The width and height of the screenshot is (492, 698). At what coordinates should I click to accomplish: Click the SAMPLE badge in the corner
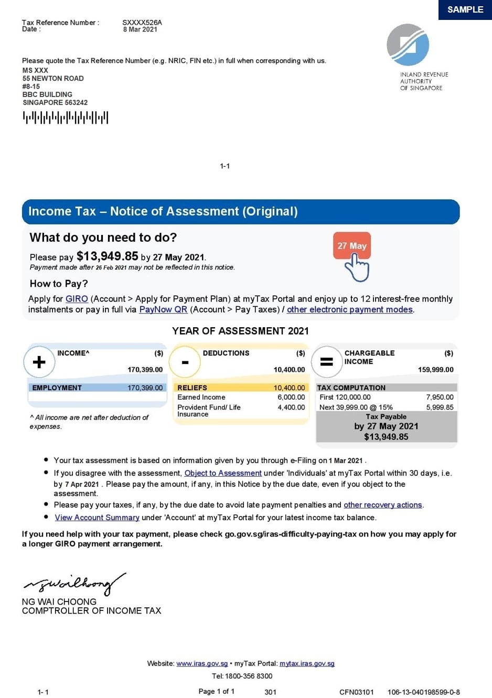pyautogui.click(x=465, y=10)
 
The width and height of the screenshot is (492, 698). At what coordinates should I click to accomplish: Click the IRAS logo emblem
pyautogui.click(x=408, y=45)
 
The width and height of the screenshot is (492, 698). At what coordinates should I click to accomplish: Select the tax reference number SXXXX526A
pyautogui.click(x=142, y=23)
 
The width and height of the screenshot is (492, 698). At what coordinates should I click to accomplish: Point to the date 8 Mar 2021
pyautogui.click(x=140, y=29)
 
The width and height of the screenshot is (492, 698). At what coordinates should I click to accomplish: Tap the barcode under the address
pyautogui.click(x=66, y=117)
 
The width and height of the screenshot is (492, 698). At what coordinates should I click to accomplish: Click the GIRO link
pyautogui.click(x=77, y=299)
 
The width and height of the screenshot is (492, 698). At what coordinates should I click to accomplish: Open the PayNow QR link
pyautogui.click(x=163, y=309)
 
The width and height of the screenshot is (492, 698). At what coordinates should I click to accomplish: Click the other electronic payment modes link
pyautogui.click(x=350, y=309)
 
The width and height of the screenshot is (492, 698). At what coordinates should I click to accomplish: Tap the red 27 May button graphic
pyautogui.click(x=352, y=245)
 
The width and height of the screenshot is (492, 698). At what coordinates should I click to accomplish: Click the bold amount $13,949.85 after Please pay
pyautogui.click(x=108, y=256)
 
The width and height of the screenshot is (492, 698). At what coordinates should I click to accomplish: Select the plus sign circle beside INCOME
pyautogui.click(x=39, y=362)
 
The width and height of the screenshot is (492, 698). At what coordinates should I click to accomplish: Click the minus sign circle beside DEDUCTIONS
pyautogui.click(x=185, y=362)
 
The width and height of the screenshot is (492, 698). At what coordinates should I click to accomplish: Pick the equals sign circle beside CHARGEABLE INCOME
pyautogui.click(x=327, y=362)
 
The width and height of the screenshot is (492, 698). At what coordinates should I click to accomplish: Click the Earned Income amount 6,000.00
pyautogui.click(x=291, y=398)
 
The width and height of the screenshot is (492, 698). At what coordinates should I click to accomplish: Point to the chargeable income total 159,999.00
pyautogui.click(x=435, y=370)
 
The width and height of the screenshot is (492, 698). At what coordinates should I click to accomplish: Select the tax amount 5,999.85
pyautogui.click(x=440, y=407)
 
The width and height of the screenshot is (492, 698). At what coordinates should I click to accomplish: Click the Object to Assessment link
pyautogui.click(x=223, y=473)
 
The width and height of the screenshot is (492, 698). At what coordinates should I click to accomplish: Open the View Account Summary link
pyautogui.click(x=97, y=518)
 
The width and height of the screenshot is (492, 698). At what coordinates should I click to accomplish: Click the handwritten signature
pyautogui.click(x=73, y=584)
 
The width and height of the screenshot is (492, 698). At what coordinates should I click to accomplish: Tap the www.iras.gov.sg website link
pyautogui.click(x=202, y=663)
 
